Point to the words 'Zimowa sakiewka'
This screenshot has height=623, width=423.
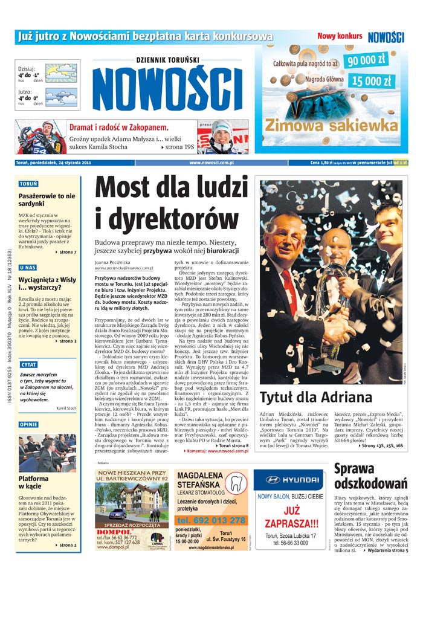331,125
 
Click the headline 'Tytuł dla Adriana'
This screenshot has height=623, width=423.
315,397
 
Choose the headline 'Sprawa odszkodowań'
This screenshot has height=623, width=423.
370,476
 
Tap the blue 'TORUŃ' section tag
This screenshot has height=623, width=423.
28,183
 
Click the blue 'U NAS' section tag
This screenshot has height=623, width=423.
28,267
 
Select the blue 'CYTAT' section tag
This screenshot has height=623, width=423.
29,365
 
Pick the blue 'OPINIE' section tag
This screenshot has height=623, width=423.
29,424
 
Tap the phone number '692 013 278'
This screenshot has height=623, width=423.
211,520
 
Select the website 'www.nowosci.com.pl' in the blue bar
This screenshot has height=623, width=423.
211,163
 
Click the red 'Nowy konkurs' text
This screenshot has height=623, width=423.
340,36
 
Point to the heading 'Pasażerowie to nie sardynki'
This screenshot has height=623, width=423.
47,200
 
